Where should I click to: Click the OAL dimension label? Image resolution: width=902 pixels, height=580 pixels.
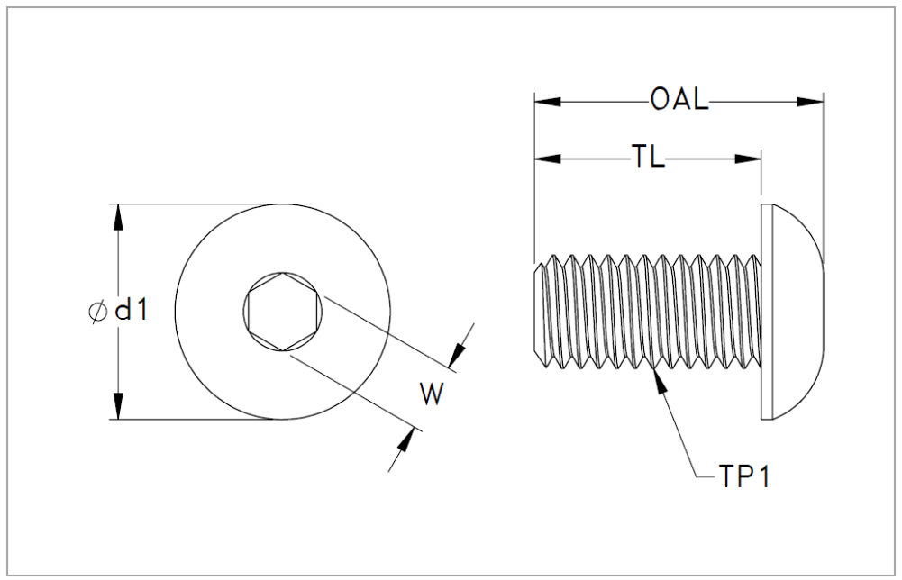(679, 99)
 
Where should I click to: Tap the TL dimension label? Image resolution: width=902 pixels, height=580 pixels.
(649, 156)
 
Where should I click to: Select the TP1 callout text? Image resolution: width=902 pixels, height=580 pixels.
(743, 476)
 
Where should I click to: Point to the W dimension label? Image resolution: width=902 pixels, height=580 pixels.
(432, 394)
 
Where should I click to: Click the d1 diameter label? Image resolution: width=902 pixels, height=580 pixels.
(132, 311)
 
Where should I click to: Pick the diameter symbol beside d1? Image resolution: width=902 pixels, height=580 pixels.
(98, 312)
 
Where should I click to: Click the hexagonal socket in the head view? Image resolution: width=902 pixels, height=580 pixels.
(282, 312)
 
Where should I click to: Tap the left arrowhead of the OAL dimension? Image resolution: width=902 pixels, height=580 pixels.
(548, 102)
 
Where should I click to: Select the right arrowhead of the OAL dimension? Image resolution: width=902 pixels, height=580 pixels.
(810, 102)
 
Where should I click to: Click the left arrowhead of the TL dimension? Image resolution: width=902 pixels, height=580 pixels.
(548, 159)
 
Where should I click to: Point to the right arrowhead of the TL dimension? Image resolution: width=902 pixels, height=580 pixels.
(749, 159)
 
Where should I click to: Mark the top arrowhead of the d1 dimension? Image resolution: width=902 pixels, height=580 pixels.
(119, 217)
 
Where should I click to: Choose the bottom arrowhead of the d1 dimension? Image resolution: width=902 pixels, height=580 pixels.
(119, 406)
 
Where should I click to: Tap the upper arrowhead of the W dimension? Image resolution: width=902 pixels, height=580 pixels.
(457, 355)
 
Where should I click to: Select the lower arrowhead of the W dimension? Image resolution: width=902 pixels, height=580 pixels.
(406, 442)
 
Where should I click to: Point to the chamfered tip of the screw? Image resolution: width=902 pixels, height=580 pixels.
(539, 312)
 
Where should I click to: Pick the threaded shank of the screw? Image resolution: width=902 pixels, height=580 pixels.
(648, 312)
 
